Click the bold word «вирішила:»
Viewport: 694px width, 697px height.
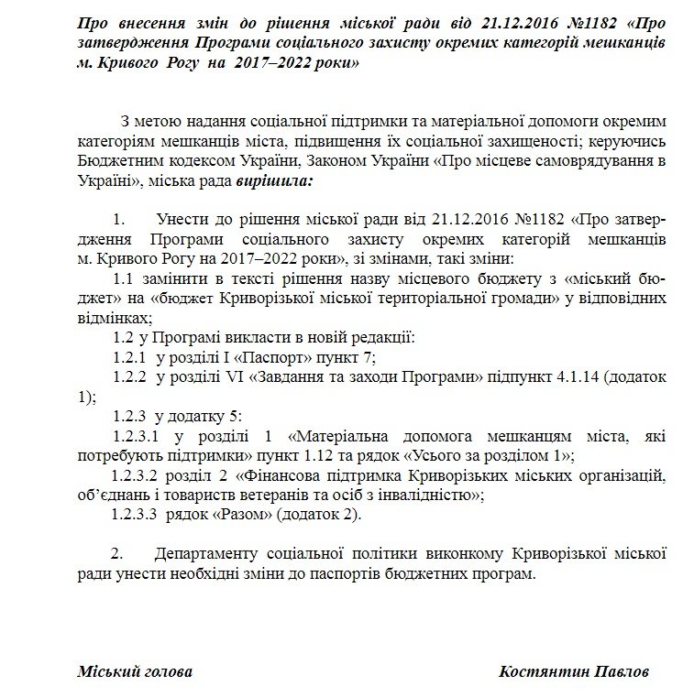(274, 180)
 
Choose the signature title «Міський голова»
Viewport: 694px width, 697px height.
(135, 671)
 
